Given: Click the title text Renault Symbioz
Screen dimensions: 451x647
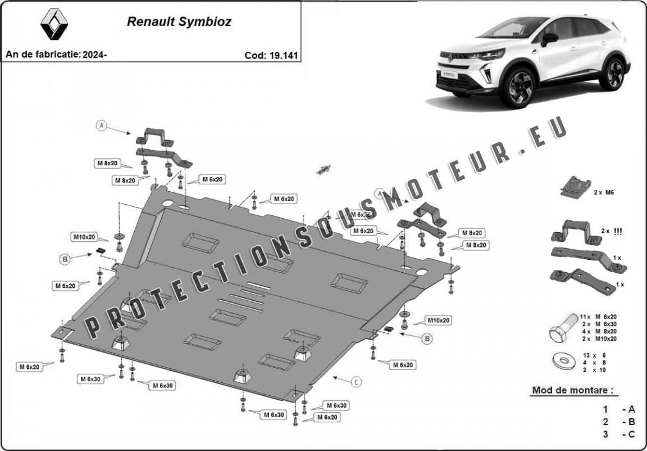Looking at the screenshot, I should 179,22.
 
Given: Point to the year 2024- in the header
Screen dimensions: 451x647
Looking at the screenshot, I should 94,55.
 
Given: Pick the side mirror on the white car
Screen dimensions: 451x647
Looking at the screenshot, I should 549,39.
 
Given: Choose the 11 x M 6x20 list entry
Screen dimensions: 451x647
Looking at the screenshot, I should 598,317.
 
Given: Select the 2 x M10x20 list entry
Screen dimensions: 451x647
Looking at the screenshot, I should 598,339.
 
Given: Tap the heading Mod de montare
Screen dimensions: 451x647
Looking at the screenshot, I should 572,390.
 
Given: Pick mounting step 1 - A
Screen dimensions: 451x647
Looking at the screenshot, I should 617,409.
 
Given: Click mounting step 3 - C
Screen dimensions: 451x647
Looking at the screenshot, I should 617,434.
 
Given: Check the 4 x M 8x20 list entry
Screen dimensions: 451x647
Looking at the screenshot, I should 598,331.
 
